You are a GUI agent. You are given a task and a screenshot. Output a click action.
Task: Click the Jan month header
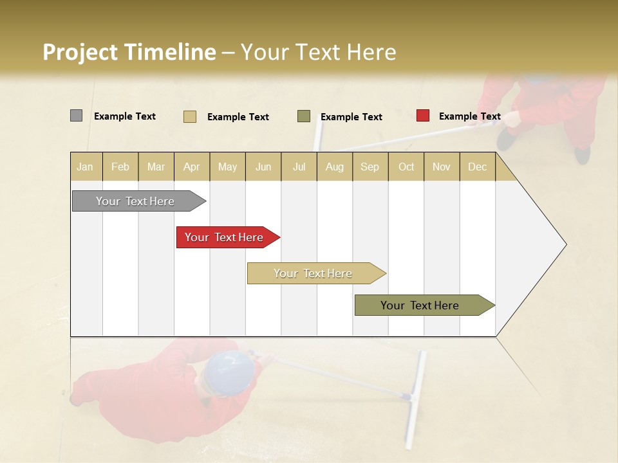(x=85, y=167)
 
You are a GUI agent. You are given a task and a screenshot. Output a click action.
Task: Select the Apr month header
(x=192, y=167)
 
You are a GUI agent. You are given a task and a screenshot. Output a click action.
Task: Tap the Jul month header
(x=299, y=167)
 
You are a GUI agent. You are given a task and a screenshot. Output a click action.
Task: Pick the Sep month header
(x=370, y=167)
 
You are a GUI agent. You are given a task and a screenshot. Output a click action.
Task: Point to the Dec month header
(x=477, y=167)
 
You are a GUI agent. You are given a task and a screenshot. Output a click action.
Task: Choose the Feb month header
(x=120, y=167)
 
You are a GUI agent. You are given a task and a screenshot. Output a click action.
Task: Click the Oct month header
(x=406, y=167)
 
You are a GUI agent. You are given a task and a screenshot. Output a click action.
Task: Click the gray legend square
(x=76, y=116)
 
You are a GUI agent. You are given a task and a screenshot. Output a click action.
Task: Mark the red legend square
(x=422, y=116)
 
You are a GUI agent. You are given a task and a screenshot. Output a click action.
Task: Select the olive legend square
(x=304, y=116)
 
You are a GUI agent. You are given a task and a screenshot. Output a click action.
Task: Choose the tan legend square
(x=189, y=116)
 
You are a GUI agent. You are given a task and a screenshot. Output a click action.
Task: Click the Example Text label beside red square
(x=469, y=116)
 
